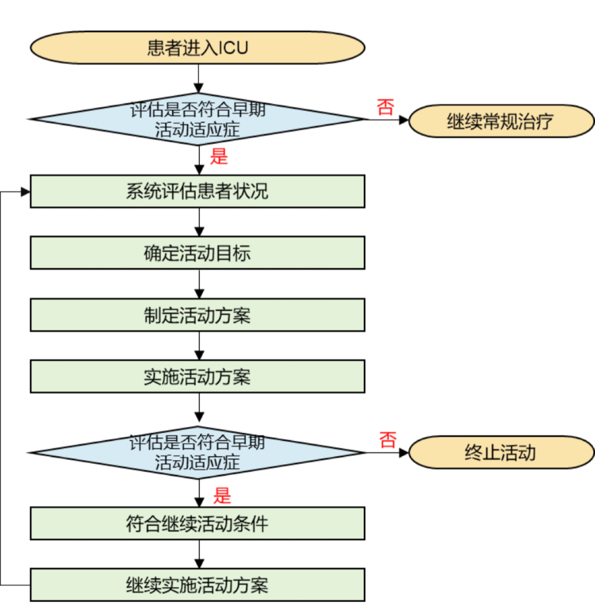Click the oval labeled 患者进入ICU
[197, 47]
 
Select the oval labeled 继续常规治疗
[501, 121]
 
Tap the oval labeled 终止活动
[501, 453]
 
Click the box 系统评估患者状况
[197, 191]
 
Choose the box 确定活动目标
[197, 253]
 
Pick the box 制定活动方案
[197, 315]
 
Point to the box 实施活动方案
[197, 376]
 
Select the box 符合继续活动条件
[197, 523]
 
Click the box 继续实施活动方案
[197, 585]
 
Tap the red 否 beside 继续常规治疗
[385, 107]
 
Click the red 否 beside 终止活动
[388, 440]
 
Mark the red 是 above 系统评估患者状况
[219, 156]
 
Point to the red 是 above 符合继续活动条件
[222, 496]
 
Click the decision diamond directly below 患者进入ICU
[197, 120]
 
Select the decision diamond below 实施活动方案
[197, 453]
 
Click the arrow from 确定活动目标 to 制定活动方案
[199, 284]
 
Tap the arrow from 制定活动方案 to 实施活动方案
[199, 346]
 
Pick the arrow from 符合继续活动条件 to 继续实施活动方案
[199, 554]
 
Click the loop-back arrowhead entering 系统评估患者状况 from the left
[25, 192]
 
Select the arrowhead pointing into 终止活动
[403, 453]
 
